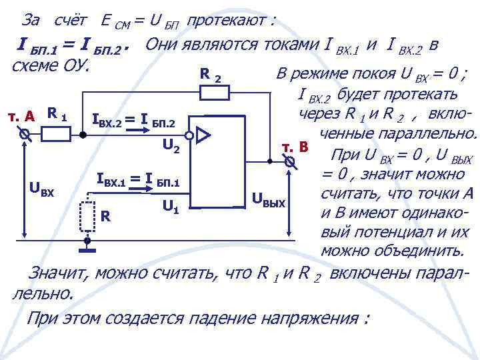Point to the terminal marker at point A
click(x=24, y=134)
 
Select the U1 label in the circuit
click(x=170, y=207)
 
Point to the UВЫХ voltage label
click(x=269, y=198)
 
